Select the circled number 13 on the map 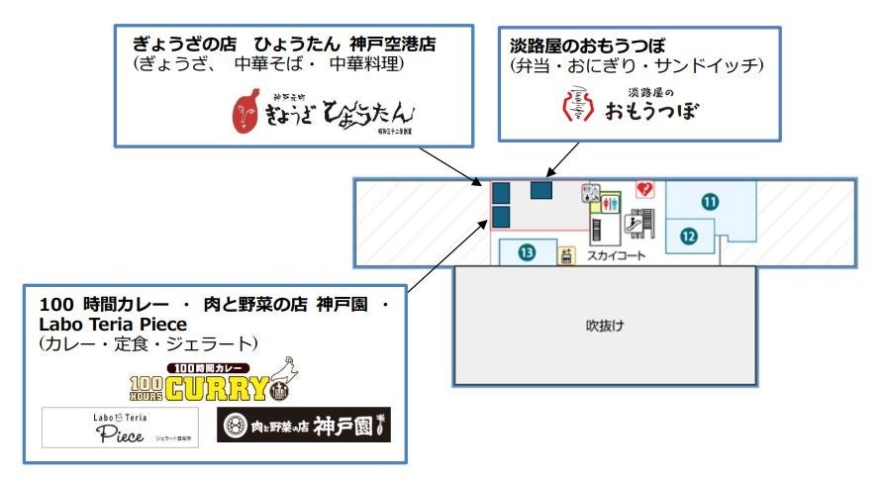527,253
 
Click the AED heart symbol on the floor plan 645,187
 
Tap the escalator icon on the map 640,223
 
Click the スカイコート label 617,254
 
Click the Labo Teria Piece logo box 119,428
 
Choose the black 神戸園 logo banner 303,426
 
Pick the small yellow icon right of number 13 567,256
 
